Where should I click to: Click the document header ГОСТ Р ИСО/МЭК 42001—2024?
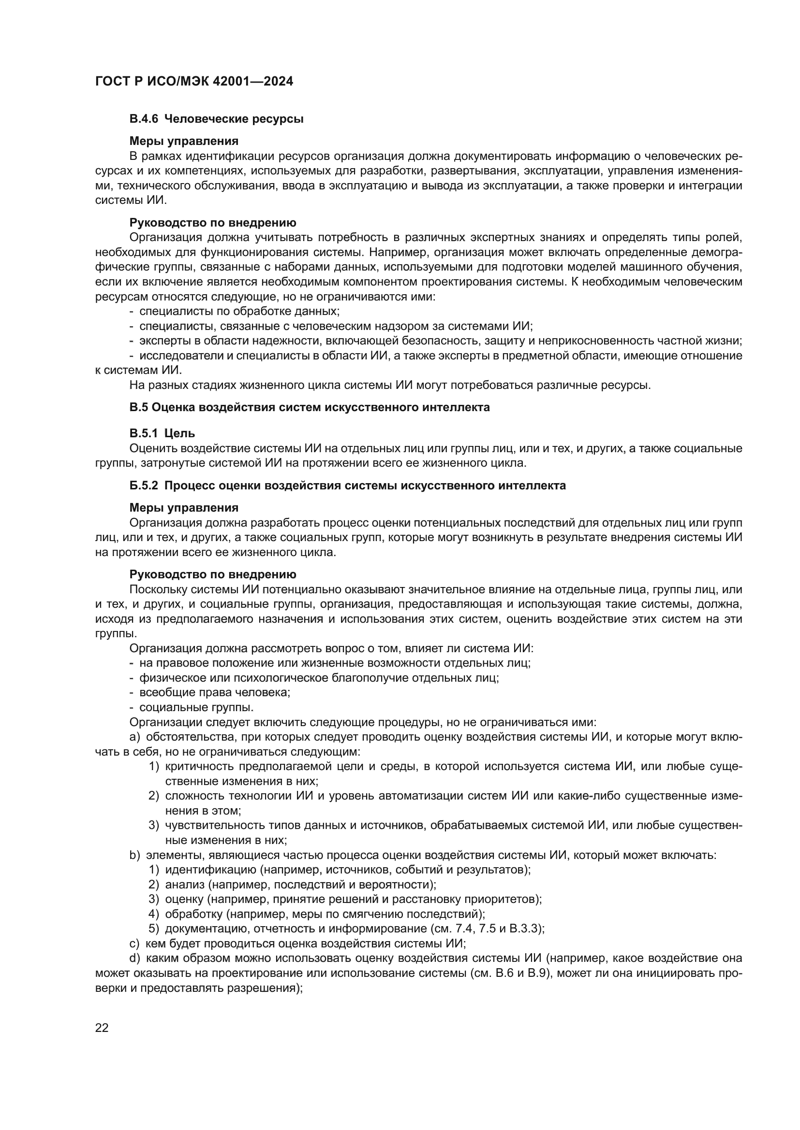pyautogui.click(x=194, y=81)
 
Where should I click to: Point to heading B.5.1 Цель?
pyautogui.click(x=162, y=433)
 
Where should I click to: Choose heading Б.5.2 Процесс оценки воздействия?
pyautogui.click(x=347, y=485)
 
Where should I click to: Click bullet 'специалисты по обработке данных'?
pyautogui.click(x=239, y=311)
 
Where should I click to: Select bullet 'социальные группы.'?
pyautogui.click(x=196, y=707)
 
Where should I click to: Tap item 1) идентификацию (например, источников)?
pyautogui.click(x=347, y=870)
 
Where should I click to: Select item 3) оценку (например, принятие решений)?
pyautogui.click(x=353, y=899)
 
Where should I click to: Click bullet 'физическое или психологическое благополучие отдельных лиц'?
pyautogui.click(x=319, y=678)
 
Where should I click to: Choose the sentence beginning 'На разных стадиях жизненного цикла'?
pyautogui.click(x=390, y=385)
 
